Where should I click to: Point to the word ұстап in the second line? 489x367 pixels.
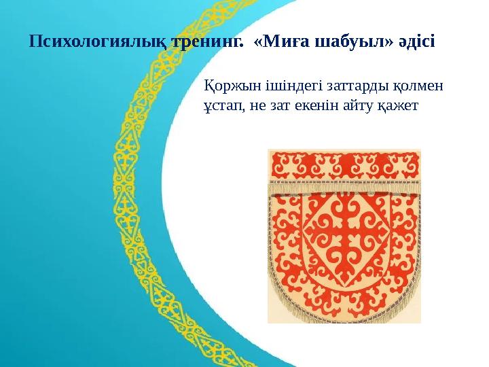point(220,107)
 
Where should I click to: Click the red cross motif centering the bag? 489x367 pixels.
point(344,238)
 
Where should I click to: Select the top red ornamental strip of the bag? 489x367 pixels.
point(344,164)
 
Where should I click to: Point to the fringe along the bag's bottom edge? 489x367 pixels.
point(344,318)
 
